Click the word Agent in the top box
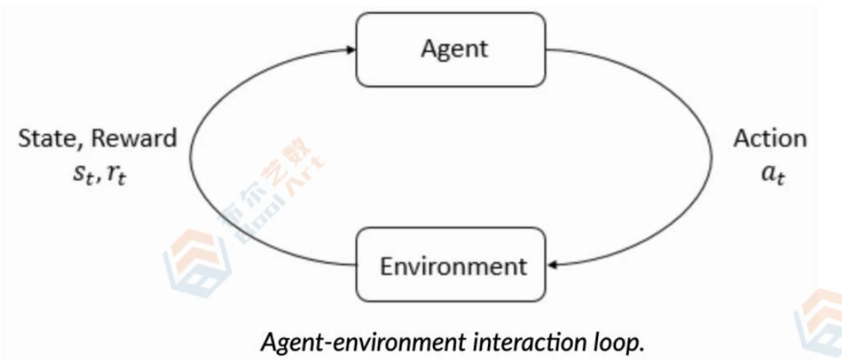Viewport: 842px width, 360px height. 454,49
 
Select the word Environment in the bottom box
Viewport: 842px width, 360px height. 453,266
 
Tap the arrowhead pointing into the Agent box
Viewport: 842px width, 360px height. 349,50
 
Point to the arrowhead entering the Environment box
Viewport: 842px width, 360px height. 554,264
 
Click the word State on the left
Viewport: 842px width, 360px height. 44,138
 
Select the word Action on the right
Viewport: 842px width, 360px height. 770,139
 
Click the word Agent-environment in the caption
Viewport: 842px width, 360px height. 362,341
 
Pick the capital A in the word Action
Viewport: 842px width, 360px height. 742,139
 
